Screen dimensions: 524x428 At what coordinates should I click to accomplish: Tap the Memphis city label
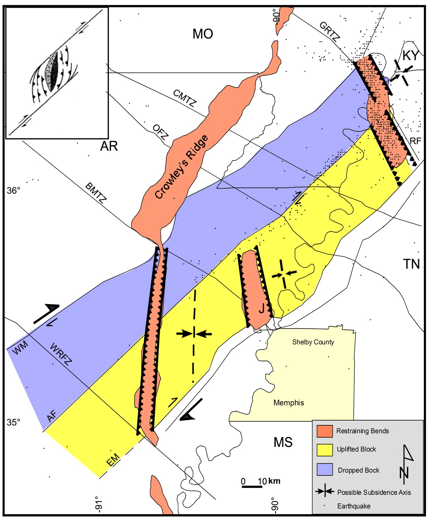click(x=289, y=402)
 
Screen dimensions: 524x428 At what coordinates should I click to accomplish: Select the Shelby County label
click(x=313, y=342)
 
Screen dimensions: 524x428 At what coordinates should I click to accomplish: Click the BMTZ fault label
click(x=97, y=194)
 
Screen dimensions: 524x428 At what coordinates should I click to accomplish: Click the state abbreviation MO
click(x=203, y=34)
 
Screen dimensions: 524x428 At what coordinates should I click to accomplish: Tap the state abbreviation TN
click(x=411, y=264)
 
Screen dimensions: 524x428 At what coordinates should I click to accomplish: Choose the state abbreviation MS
click(x=283, y=442)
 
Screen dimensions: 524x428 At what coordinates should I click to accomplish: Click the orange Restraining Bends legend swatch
click(x=324, y=431)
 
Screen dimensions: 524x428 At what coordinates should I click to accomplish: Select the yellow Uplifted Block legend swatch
click(x=324, y=450)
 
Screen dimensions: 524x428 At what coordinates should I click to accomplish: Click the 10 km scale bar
click(x=251, y=486)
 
